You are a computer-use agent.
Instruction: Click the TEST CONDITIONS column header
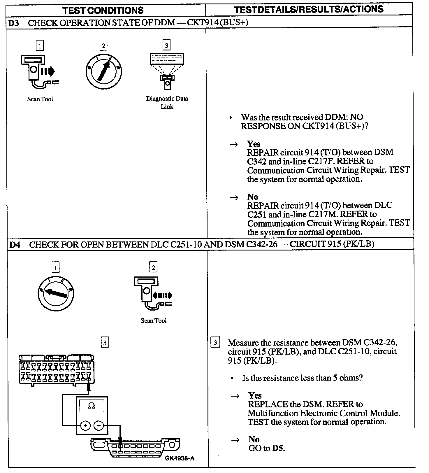point(103,10)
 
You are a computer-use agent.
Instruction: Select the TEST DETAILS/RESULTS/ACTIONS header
point(309,10)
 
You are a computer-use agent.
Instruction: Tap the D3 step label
point(13,23)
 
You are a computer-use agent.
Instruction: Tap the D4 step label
point(15,244)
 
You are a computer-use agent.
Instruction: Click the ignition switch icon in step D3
point(104,71)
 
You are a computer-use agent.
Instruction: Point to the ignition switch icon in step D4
point(56,293)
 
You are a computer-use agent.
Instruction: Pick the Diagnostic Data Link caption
point(167,102)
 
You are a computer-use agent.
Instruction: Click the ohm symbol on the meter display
point(92,406)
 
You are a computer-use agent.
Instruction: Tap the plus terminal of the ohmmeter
point(85,426)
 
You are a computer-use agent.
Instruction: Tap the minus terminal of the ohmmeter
point(99,426)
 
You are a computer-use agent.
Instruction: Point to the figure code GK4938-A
point(180,458)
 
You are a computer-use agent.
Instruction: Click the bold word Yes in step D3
point(254,144)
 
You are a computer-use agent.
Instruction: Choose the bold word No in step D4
point(254,439)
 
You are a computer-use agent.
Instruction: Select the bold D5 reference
point(278,448)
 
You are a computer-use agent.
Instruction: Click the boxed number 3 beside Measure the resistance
point(215,343)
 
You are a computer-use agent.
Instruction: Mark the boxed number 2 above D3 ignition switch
point(103,46)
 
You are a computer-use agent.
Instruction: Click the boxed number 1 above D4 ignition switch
point(55,267)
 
